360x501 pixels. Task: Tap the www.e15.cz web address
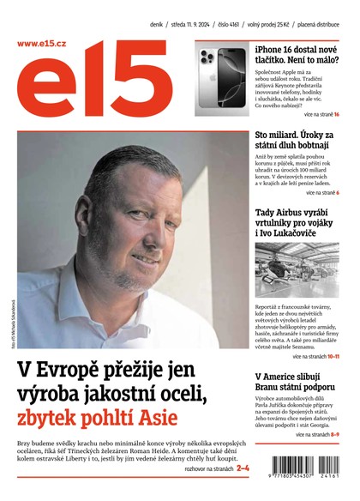click(x=42, y=43)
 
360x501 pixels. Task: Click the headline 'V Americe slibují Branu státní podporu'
click(x=297, y=383)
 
